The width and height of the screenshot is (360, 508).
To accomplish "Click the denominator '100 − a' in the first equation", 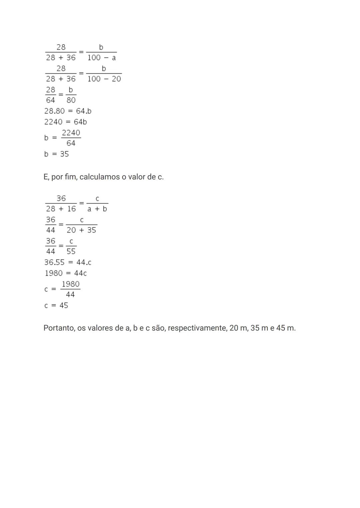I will pos(101,58).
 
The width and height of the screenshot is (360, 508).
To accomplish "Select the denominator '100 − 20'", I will pos(104,79).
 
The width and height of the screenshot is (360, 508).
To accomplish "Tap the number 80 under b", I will pos(71,100).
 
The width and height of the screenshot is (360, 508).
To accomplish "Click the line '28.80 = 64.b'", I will pos(68,111).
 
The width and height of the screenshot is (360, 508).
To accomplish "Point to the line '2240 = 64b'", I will pos(65,122).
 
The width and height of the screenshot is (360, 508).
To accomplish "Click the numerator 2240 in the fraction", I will pos(71,133).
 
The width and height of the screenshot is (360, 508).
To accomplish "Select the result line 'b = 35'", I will pos(56,154).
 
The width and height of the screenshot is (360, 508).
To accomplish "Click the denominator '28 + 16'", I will pos(61,209).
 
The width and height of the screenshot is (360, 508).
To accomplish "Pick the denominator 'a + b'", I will pos(97,209).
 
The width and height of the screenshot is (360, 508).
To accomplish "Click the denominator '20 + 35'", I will pos(81,230).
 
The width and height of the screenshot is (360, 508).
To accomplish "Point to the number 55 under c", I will pos(71,252).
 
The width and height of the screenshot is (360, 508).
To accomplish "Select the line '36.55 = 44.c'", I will pos(68,262).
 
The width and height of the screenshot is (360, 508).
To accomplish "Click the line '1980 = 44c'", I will pos(66,273).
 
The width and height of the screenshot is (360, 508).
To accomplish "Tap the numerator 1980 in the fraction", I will pos(71,284).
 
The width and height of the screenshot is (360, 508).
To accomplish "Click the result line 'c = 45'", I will pos(56,305).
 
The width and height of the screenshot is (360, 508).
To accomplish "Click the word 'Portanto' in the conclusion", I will pos(59,328).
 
